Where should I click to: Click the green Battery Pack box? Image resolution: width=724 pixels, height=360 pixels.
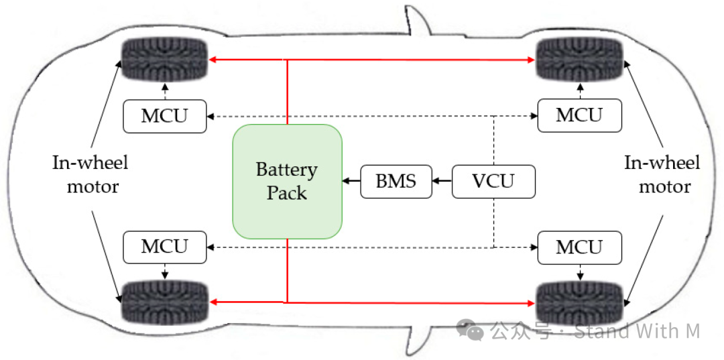tap(287, 181)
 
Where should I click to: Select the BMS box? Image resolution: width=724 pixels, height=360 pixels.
tap(396, 181)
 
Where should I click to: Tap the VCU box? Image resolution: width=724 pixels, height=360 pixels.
tap(493, 181)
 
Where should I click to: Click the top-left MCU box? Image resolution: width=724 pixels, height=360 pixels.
tap(165, 116)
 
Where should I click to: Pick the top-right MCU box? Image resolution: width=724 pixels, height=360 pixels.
tap(579, 115)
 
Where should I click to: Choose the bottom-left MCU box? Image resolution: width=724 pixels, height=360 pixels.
tap(165, 247)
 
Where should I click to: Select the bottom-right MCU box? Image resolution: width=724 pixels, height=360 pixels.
tap(579, 248)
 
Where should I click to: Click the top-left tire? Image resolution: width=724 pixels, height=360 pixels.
tap(165, 60)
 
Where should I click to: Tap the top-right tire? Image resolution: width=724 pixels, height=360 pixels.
tap(579, 60)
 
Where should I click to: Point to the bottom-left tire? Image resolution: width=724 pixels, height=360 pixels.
tap(165, 302)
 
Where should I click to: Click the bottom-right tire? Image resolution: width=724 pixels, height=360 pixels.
tap(579, 302)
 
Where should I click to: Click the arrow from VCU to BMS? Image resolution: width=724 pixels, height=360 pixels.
tap(442, 181)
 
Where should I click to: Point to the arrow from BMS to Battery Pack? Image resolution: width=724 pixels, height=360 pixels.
tap(351, 181)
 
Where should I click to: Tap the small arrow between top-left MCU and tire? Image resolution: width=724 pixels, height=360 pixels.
tap(165, 91)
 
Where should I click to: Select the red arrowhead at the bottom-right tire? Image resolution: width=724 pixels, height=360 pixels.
tap(532, 303)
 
